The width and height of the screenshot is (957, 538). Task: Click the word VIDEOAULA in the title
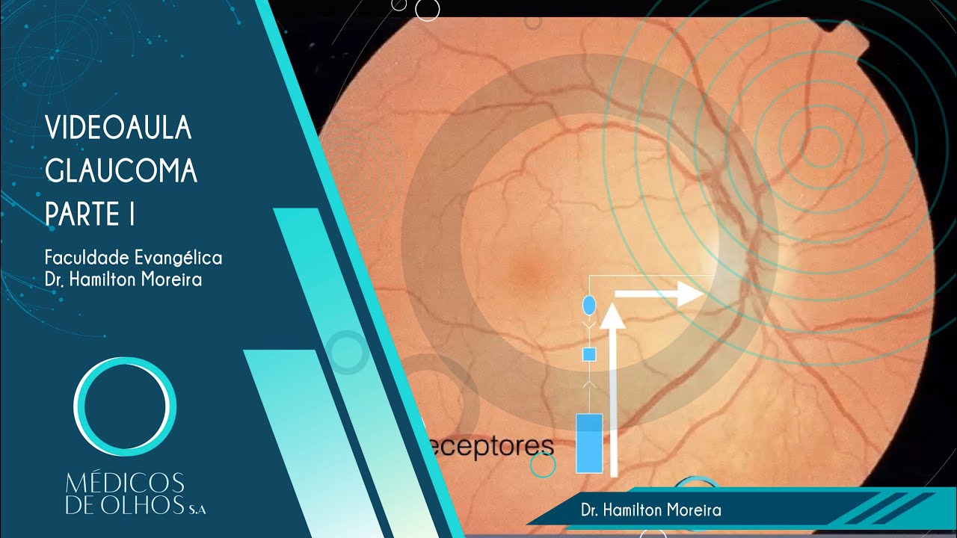click(x=118, y=129)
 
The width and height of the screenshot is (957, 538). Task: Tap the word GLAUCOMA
click(x=121, y=172)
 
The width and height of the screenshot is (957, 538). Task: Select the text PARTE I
click(x=90, y=214)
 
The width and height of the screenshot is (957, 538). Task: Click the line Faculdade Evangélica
click(x=133, y=258)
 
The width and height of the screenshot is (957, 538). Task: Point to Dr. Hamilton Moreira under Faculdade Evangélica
click(x=123, y=281)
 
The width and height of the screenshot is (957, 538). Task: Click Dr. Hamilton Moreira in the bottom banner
click(x=650, y=510)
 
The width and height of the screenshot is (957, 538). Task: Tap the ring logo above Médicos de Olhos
click(x=125, y=407)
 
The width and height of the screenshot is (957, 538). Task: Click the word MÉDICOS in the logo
click(x=125, y=482)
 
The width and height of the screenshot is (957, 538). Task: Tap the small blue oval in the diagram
click(x=588, y=305)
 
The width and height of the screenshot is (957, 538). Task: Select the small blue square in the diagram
click(x=588, y=354)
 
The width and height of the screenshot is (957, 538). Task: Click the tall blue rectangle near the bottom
click(x=589, y=442)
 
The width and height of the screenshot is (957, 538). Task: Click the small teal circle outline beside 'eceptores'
click(x=543, y=466)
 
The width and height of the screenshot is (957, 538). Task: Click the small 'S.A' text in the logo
click(x=197, y=510)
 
